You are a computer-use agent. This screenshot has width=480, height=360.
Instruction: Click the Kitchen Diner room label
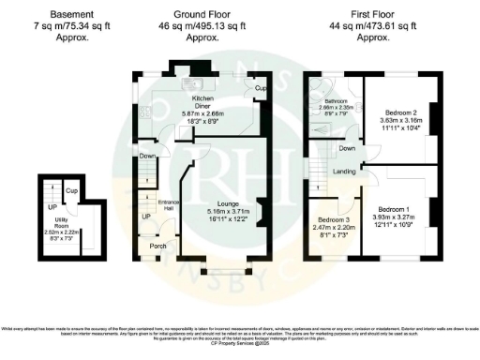[x=202, y=98]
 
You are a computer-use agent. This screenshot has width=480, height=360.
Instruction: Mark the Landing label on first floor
[x=344, y=172]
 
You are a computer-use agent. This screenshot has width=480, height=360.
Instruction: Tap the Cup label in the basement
[x=71, y=190]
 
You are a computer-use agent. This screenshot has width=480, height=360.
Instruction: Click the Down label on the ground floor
[x=147, y=156]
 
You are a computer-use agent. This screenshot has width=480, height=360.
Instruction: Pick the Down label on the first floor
[x=346, y=148]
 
